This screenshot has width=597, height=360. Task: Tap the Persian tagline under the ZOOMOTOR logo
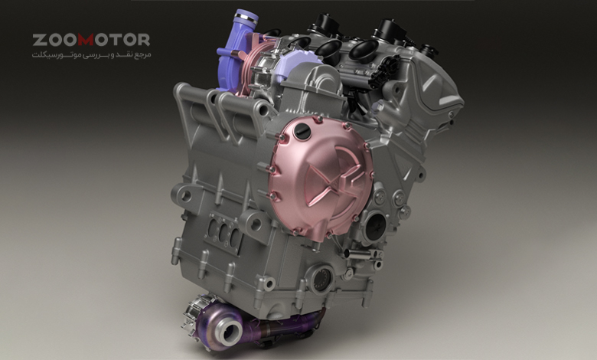click(91, 55)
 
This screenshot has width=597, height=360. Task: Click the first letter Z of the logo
click(39, 40)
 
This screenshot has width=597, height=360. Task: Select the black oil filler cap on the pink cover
click(302, 132)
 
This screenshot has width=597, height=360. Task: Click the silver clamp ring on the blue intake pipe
click(246, 17)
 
